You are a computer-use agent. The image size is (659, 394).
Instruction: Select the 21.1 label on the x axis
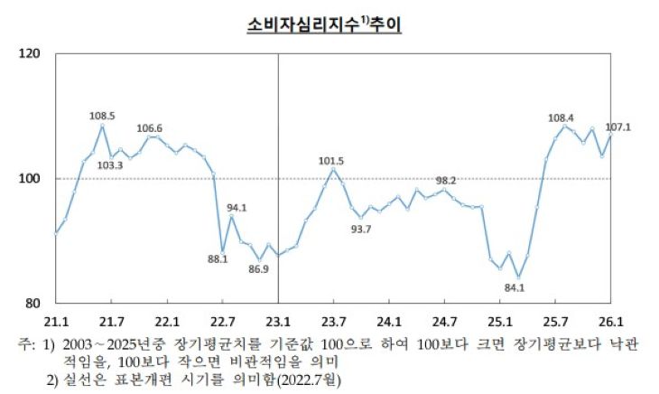(56, 321)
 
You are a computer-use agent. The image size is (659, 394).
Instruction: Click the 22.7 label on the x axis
(222, 321)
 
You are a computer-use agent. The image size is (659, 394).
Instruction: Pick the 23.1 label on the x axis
(278, 321)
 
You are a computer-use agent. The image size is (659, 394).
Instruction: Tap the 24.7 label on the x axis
(445, 321)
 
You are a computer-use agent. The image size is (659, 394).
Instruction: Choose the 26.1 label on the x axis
(611, 321)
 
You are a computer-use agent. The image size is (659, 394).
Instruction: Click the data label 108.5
(102, 116)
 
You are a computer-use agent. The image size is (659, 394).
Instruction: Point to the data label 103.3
(109, 164)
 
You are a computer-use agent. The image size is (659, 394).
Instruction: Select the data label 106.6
(150, 128)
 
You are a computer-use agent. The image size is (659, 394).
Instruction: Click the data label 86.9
(259, 269)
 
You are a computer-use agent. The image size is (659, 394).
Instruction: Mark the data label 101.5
(333, 161)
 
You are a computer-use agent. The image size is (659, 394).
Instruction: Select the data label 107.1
(616, 127)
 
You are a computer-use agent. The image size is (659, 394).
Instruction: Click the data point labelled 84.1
(518, 277)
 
